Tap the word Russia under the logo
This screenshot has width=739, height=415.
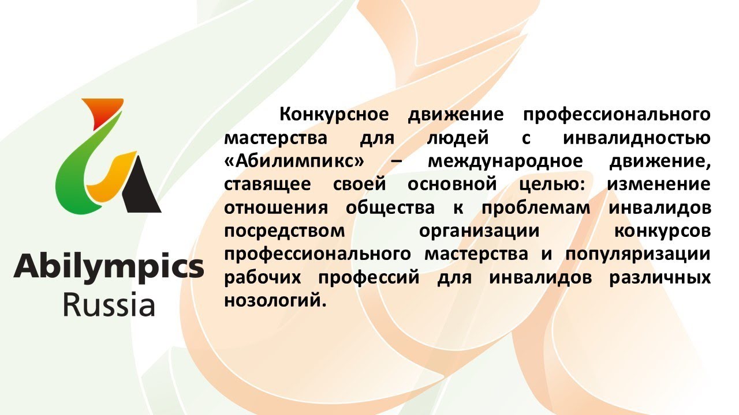click(x=109, y=305)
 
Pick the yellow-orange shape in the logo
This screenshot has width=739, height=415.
click(x=110, y=176)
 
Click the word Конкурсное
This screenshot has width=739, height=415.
click(x=333, y=114)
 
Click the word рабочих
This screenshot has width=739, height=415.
click(x=264, y=277)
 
